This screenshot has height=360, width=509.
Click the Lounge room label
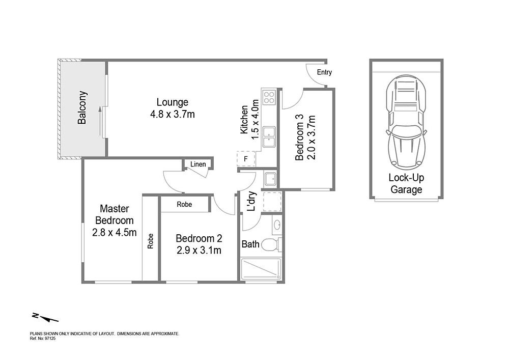coord(173,102)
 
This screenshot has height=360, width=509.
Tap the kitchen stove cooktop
coord(269,97)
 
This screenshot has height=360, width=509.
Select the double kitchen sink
coord(269,136)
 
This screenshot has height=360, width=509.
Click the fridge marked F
coord(246,159)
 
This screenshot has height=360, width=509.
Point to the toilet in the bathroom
coord(271,245)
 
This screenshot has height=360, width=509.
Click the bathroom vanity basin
coord(277,225)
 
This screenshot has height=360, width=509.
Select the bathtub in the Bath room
coord(261,269)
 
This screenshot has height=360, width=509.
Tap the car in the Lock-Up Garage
coord(406,122)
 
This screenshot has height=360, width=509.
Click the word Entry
coord(324,72)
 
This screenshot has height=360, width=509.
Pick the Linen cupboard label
coord(198,164)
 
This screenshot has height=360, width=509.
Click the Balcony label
coord(82,107)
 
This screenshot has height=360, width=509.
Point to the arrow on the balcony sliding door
coord(100,121)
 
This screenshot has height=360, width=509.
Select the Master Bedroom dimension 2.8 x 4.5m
coord(114,232)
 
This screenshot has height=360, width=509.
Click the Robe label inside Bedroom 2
coord(184,204)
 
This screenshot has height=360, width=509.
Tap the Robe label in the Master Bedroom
coord(150,241)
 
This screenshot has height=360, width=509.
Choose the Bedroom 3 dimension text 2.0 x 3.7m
coord(311,137)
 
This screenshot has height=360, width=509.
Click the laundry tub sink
coord(270,179)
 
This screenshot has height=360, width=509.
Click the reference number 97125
coord(50,338)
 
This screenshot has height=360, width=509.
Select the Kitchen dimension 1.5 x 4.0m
coord(255,120)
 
